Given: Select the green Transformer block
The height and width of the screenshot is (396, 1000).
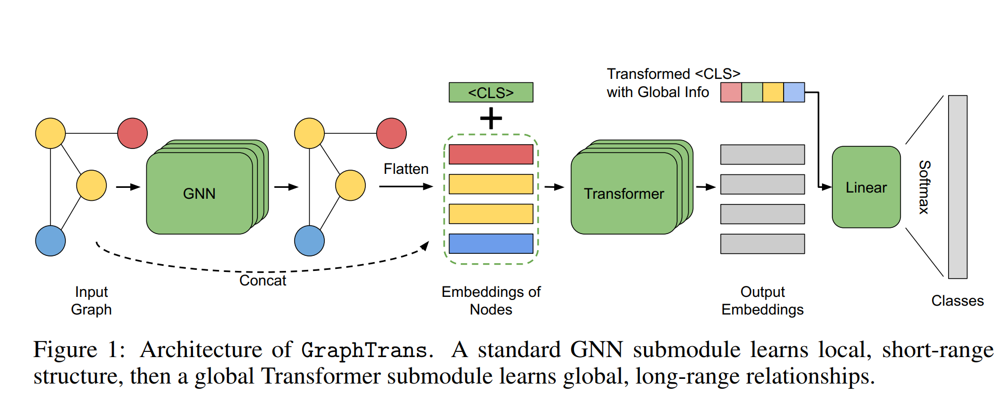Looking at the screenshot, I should (624, 193).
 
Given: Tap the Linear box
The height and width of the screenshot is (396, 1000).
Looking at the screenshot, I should (866, 187).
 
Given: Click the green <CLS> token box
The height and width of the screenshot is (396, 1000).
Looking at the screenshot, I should (490, 92).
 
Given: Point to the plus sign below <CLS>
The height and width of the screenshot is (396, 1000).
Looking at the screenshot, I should (491, 118).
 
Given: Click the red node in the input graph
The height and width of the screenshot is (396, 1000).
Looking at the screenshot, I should (132, 133).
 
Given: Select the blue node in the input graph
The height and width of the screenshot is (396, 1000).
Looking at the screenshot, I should (50, 241).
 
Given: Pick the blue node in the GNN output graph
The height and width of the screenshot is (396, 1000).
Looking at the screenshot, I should (309, 241).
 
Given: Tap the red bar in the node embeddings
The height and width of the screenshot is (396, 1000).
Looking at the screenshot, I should (491, 154).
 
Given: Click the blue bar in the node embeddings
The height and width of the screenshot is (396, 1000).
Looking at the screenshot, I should (491, 243).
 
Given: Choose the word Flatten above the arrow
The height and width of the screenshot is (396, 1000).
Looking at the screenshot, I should (406, 169).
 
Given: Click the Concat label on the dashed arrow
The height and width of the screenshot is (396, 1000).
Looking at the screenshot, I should (263, 281).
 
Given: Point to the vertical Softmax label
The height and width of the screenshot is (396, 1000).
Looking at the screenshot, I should (924, 187).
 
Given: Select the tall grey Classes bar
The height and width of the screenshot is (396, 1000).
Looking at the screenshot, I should (957, 187).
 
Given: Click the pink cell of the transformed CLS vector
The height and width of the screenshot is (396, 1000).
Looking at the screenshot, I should (731, 92).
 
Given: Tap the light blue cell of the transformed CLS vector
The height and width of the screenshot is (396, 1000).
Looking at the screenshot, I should (794, 92).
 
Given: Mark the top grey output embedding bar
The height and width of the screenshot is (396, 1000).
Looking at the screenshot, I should (762, 154).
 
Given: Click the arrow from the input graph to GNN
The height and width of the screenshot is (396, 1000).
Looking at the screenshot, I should (128, 187).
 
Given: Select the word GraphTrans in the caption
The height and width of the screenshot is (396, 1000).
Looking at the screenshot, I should (365, 350).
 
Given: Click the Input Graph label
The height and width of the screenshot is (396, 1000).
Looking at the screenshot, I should (91, 301).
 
